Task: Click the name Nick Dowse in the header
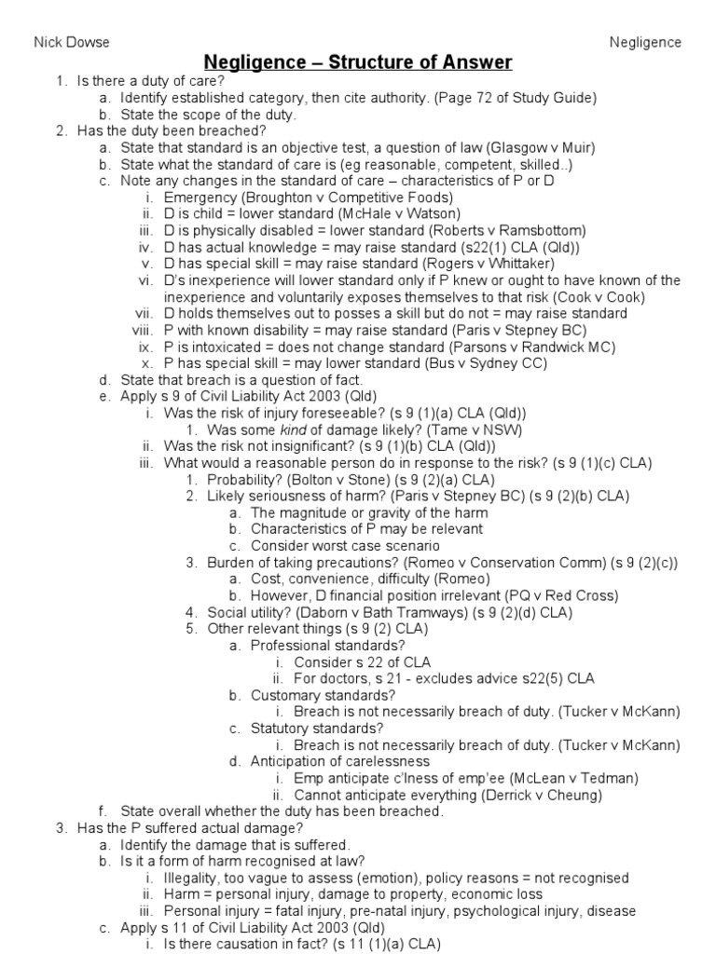click(72, 42)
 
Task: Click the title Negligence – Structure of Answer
click(358, 62)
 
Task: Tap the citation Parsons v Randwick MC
click(497, 347)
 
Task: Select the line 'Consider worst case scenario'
click(345, 546)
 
